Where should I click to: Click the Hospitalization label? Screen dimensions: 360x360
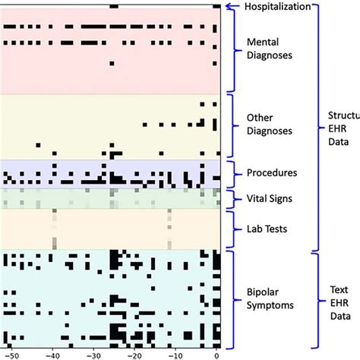[277, 7]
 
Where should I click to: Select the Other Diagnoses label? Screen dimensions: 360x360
[270, 124]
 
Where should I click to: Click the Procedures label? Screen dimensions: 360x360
[272, 172]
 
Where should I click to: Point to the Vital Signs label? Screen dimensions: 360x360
[270, 198]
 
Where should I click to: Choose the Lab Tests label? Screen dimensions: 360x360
[266, 228]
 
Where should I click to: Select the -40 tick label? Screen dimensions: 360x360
[52, 354]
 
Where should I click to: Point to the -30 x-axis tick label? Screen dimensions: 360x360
[93, 354]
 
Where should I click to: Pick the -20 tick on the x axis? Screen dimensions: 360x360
[134, 354]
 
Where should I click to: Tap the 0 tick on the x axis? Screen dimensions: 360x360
[216, 354]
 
